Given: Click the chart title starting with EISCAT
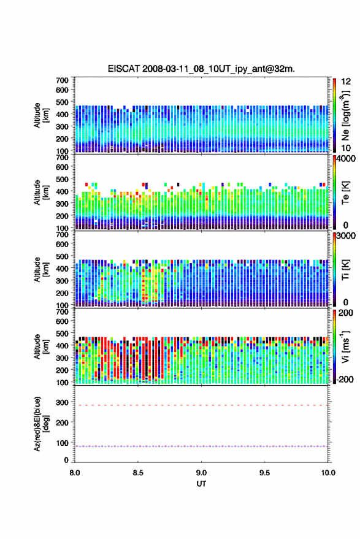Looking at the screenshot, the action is click(x=201, y=69).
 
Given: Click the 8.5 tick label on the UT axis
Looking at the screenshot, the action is click(x=138, y=473).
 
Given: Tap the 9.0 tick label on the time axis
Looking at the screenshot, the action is click(x=201, y=473).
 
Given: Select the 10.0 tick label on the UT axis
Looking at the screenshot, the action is click(x=328, y=473).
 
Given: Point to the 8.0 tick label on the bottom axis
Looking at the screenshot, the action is click(x=75, y=473).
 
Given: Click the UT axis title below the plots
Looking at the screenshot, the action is click(x=201, y=484).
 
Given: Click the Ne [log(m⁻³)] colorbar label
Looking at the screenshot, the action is click(x=345, y=115).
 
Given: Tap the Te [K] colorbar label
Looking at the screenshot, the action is click(x=345, y=193).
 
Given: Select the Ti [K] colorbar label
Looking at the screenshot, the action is click(x=345, y=270).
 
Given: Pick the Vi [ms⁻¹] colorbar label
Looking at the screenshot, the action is click(x=345, y=346).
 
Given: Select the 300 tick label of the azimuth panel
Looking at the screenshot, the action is click(x=62, y=402).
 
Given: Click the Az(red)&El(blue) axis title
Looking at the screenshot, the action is click(x=41, y=424).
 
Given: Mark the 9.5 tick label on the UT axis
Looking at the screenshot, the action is click(x=264, y=473).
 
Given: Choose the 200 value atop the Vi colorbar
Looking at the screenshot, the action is click(x=346, y=313).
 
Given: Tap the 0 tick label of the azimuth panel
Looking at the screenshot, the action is click(x=66, y=460).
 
